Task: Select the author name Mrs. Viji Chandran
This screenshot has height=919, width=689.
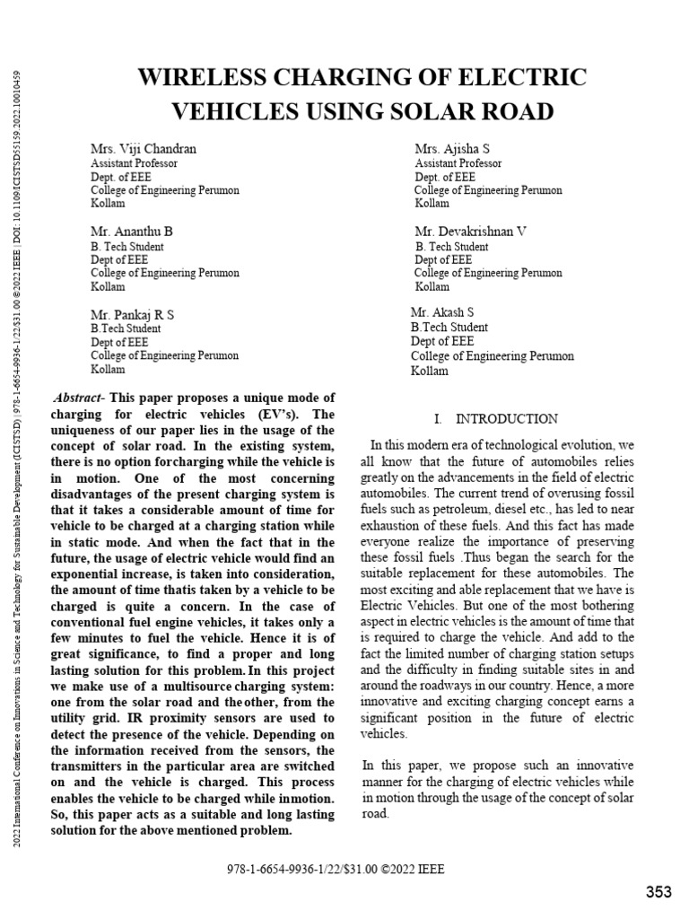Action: [x=143, y=148]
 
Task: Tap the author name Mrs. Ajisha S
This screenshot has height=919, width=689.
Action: [x=452, y=148]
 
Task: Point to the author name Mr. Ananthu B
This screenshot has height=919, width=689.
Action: [x=132, y=231]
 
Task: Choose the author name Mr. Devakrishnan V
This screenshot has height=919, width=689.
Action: [x=471, y=231]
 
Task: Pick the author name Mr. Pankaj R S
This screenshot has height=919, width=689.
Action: [x=133, y=314]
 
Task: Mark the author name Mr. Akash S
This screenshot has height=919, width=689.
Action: [x=442, y=312]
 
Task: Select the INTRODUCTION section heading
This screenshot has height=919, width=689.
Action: [x=507, y=419]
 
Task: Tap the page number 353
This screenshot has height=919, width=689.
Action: [x=658, y=891]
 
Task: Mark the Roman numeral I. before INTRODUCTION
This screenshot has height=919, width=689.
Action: [x=438, y=419]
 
